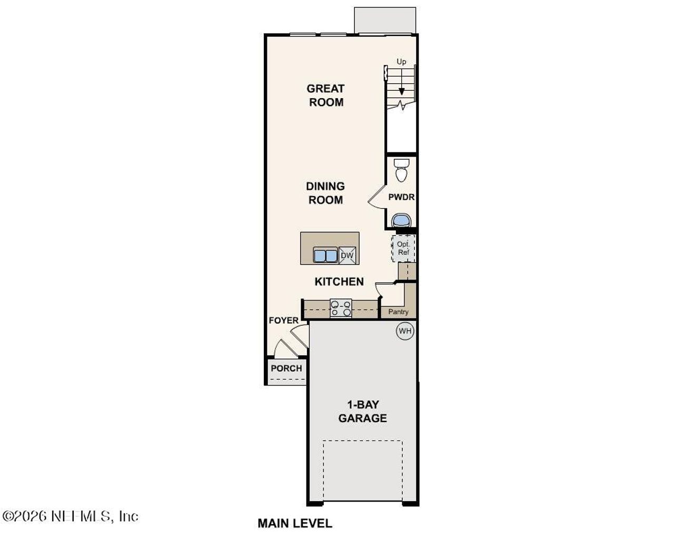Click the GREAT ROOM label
325,95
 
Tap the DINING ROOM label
325,193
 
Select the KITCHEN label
339,282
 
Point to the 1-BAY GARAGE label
362,411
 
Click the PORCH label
286,368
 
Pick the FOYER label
283,321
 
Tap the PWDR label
401,197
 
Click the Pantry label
398,312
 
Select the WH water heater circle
405,331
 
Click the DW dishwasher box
347,256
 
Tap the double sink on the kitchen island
325,255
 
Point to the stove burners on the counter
341,308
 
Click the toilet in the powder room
402,169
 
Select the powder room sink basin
402,219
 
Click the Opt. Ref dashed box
403,248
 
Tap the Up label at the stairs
401,62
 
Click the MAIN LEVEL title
295,523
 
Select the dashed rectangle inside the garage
362,469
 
